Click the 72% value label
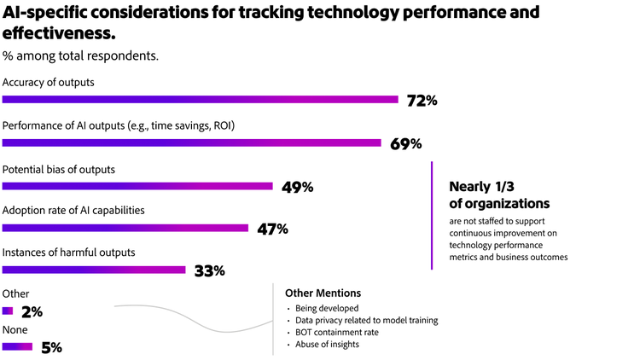pyautogui.click(x=422, y=101)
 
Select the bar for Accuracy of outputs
pyautogui.click(x=200, y=100)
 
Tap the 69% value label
pyautogui.click(x=405, y=143)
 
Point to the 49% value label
pyautogui.click(x=297, y=187)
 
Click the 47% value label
pyautogui.click(x=272, y=229)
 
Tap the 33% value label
pyautogui.click(x=209, y=271)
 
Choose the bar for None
pyautogui.click(x=17, y=346)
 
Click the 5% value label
pyautogui.click(x=51, y=347)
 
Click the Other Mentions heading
pyautogui.click(x=323, y=293)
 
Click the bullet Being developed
pyautogui.click(x=327, y=308)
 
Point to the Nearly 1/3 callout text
pyautogui.click(x=499, y=195)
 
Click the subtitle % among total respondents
pyautogui.click(x=80, y=56)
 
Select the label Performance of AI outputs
pyautogui.click(x=119, y=125)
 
